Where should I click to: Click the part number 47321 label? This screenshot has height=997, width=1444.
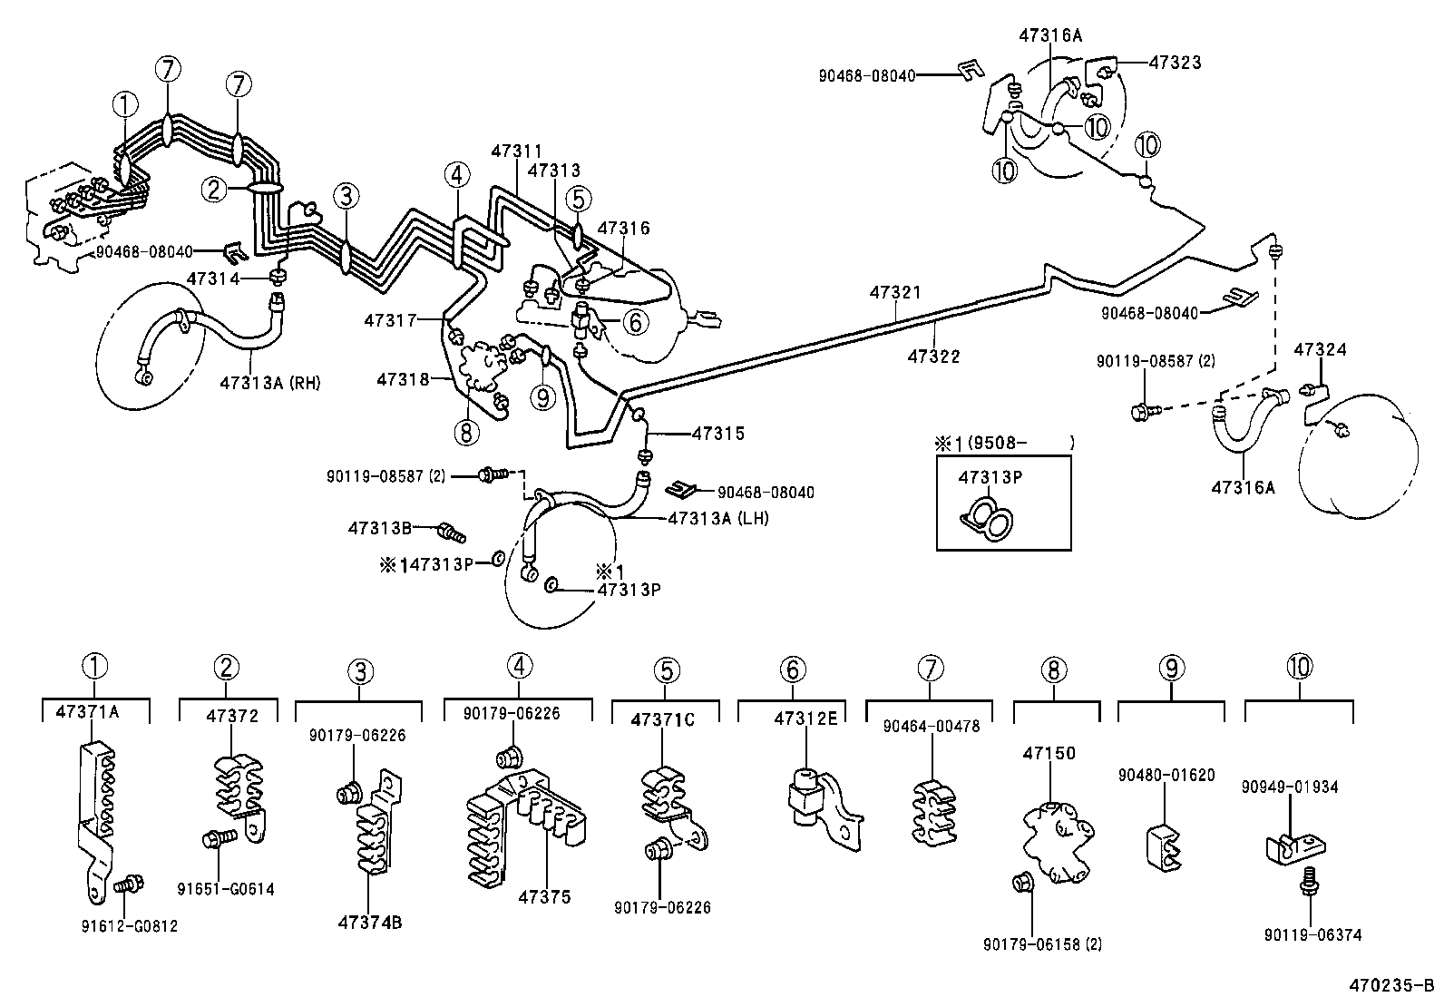coord(894,292)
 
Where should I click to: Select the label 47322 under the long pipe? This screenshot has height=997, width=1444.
coord(933,357)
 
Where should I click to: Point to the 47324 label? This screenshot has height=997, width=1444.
coord(1320,349)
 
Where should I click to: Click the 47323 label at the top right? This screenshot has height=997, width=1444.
coord(1175,62)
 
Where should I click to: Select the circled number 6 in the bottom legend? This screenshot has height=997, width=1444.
coord(792,670)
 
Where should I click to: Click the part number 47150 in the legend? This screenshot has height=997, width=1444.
coord(1049,753)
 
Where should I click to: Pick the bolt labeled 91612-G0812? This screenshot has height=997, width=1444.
coord(132,883)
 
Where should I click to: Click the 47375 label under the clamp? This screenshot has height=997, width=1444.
coord(544,897)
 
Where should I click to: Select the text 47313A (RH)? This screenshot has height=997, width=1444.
coord(269,382)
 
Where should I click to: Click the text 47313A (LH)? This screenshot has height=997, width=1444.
coord(717,518)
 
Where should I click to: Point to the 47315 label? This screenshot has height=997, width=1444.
coord(717,434)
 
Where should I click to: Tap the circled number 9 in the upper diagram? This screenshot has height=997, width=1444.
coord(541,398)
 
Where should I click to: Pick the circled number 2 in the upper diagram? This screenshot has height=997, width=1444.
coord(214,189)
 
